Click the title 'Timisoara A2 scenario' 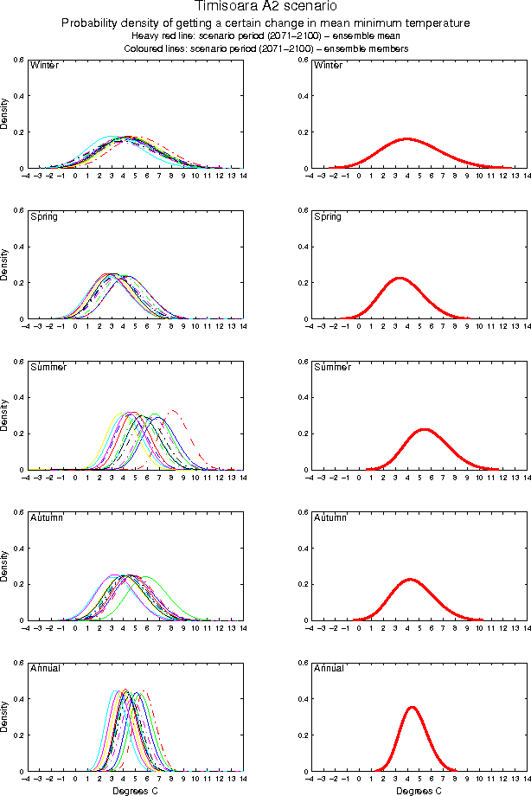click(x=265, y=8)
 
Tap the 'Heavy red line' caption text click(x=163, y=36)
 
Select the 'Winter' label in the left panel click(x=44, y=66)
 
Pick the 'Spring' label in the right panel click(x=328, y=216)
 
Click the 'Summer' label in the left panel click(x=48, y=367)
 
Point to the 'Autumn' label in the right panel click(x=330, y=517)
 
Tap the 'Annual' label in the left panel click(x=46, y=668)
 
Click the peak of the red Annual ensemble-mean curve click(x=412, y=707)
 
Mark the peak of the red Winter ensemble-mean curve click(x=406, y=138)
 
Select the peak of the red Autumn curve click(x=408, y=579)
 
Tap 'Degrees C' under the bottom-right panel click(x=419, y=790)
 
